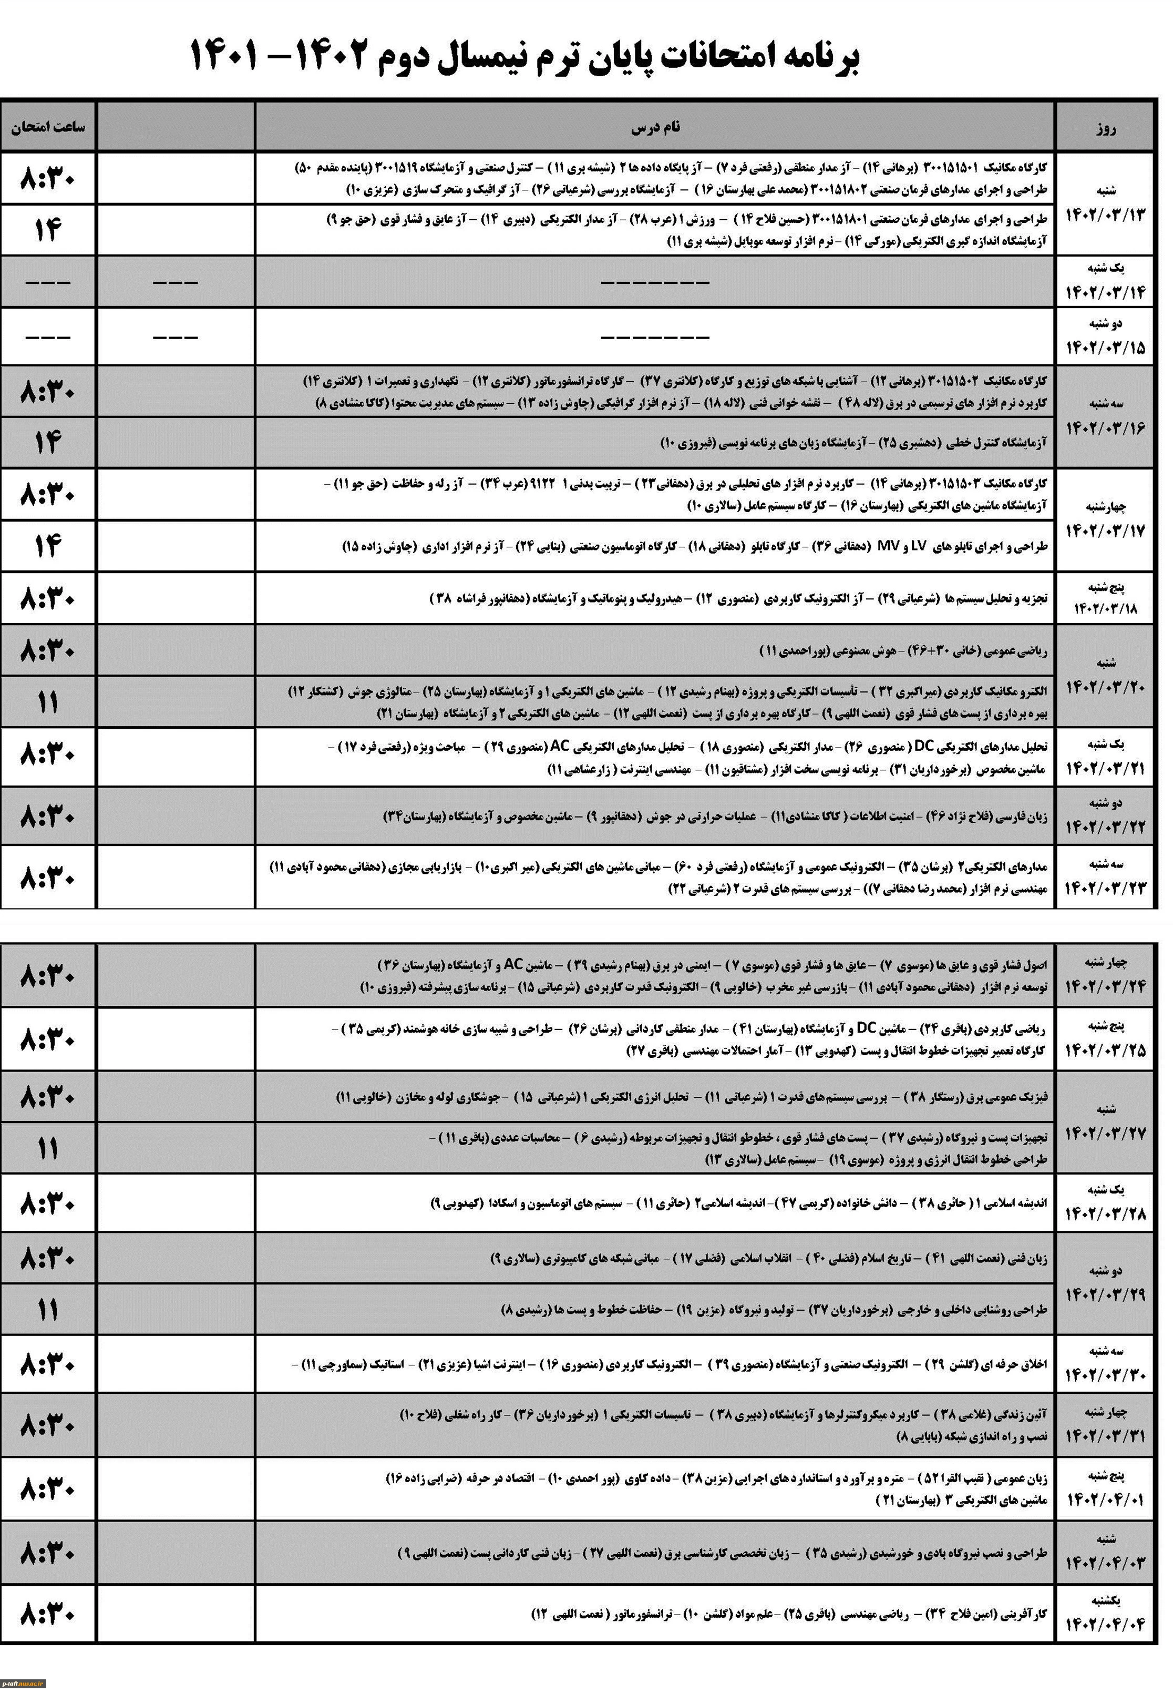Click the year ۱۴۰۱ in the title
(x=225, y=56)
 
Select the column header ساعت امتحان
(x=48, y=126)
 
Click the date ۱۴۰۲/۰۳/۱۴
(x=1105, y=292)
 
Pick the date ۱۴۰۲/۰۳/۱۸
(x=1105, y=609)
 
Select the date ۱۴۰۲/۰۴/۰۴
(x=1105, y=1625)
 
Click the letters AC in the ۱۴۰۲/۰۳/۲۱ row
(x=561, y=746)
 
